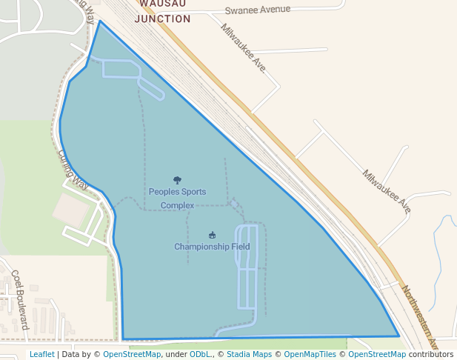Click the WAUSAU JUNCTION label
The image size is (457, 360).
tap(162, 11)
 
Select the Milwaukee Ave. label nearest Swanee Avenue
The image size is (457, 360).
tap(243, 47)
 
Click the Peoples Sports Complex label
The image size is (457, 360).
tap(177, 198)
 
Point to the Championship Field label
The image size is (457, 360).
tap(212, 247)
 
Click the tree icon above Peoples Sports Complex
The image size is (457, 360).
tap(177, 180)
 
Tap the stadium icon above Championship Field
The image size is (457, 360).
tap(213, 236)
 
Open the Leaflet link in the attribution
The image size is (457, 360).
tap(41, 354)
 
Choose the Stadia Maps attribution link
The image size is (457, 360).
tap(249, 354)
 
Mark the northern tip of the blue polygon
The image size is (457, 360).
tap(99, 21)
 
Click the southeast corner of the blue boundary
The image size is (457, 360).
tap(398, 336)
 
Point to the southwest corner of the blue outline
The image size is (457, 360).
tap(123, 339)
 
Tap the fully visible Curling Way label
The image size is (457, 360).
tap(73, 168)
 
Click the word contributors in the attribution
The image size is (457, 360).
tap(430, 354)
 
